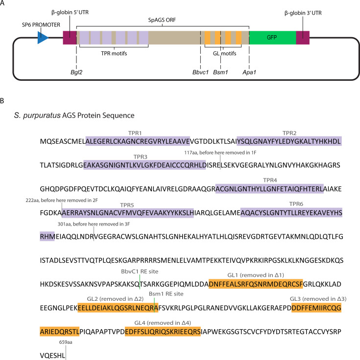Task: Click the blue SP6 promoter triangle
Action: click(x=43, y=38)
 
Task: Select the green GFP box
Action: click(x=272, y=38)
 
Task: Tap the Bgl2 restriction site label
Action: click(x=76, y=72)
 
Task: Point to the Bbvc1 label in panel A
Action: click(x=200, y=72)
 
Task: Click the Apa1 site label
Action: click(x=249, y=72)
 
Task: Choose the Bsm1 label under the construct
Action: click(x=220, y=72)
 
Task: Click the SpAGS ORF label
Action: click(x=162, y=20)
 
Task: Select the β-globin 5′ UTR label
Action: click(x=70, y=12)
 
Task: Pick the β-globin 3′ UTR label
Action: click(x=303, y=13)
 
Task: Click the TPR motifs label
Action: click(x=114, y=53)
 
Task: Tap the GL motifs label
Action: click(x=224, y=53)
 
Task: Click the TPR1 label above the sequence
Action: click(x=135, y=133)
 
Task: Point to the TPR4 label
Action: click(x=270, y=180)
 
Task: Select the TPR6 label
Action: click(x=296, y=204)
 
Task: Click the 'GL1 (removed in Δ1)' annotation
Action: click(x=256, y=275)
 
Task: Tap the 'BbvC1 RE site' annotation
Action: click(x=140, y=271)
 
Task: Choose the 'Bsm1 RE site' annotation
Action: click(x=166, y=293)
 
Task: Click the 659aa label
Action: click(x=66, y=342)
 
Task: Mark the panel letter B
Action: click(x=2, y=101)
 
